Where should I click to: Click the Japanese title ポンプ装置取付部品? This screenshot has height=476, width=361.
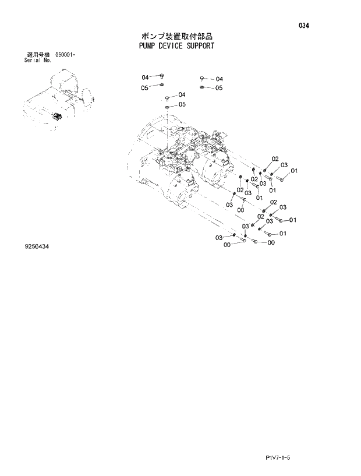tap(172, 36)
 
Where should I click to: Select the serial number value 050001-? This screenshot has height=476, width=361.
tap(65, 54)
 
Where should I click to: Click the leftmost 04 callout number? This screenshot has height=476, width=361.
tap(145, 77)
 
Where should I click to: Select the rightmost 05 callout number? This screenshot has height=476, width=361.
tap(219, 88)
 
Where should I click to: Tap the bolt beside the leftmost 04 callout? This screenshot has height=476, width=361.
tap(161, 76)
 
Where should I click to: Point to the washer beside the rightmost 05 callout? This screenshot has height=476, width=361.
tap(201, 87)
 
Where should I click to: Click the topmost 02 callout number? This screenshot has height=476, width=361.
tap(275, 159)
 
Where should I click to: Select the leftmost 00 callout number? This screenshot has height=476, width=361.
tap(227, 245)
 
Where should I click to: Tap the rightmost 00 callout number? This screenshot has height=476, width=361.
tap(271, 243)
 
